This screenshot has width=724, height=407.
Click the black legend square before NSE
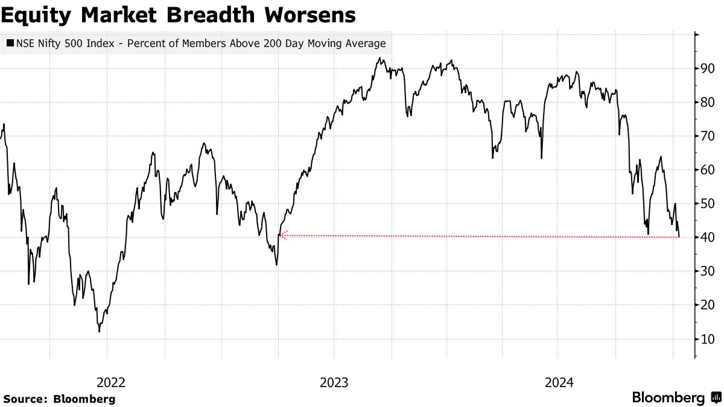click(10, 43)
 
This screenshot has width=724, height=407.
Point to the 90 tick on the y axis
click(708, 69)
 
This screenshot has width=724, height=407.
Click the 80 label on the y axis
click(708, 103)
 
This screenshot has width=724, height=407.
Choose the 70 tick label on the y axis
click(708, 136)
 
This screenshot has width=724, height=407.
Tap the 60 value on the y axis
click(708, 170)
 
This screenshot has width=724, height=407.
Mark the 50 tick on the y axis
click(708, 204)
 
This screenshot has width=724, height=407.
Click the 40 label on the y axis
click(708, 238)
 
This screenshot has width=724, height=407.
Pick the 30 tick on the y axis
click(708, 271)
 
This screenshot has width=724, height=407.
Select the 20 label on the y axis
click(708, 305)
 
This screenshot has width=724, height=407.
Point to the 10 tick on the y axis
click(708, 339)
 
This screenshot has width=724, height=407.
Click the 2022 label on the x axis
click(111, 382)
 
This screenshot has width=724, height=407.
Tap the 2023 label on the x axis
click(334, 382)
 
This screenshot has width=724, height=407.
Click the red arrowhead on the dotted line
click(282, 235)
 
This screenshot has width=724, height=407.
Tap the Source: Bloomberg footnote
click(59, 399)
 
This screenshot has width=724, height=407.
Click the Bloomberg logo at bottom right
click(676, 398)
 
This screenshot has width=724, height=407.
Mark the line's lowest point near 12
click(99, 331)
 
